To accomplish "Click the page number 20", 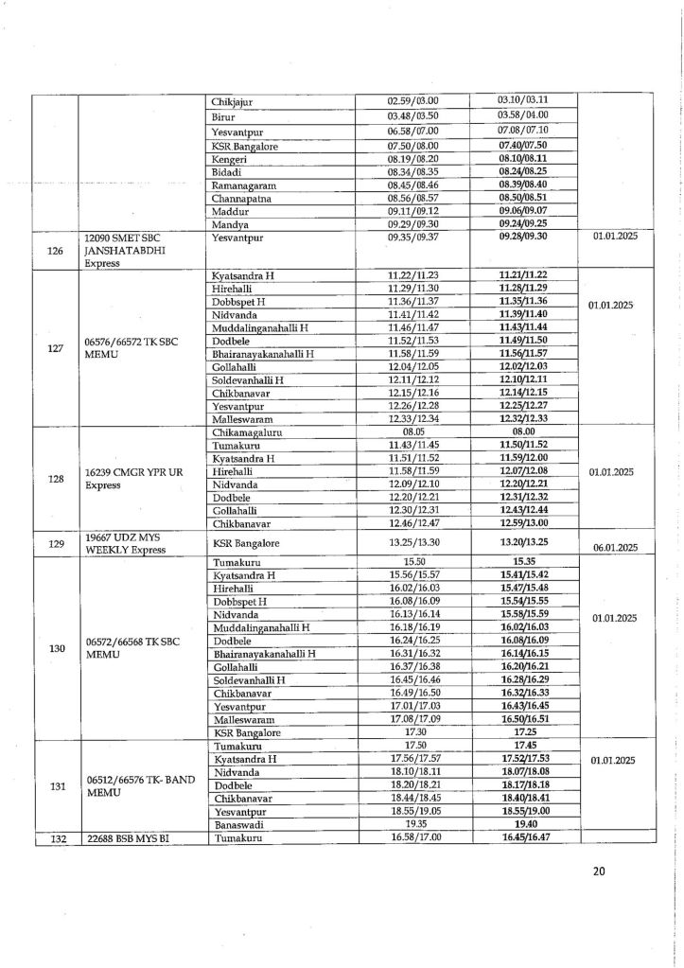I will pyautogui.click(x=598, y=871).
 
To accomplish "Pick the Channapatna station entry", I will pyautogui.click(x=241, y=201).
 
